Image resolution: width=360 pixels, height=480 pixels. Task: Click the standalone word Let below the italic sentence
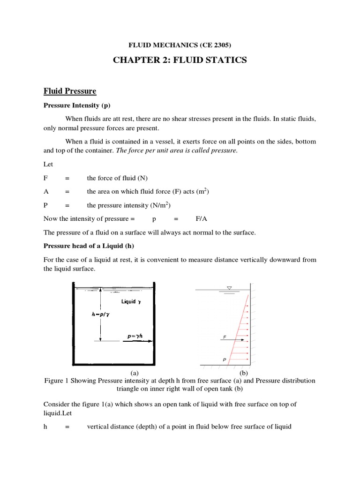tap(48, 165)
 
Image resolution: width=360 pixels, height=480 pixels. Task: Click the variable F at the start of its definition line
tap(45, 179)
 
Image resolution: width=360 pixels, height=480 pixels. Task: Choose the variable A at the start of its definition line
tap(46, 192)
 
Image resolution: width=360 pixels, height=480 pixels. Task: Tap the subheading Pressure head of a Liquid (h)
tap(86, 246)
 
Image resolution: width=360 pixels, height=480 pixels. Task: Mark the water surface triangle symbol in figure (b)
tap(229, 288)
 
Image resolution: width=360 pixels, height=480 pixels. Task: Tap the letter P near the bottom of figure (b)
tap(225, 360)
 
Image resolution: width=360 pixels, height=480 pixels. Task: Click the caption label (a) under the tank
tap(134, 373)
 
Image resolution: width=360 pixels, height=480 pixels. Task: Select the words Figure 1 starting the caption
tap(57, 381)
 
